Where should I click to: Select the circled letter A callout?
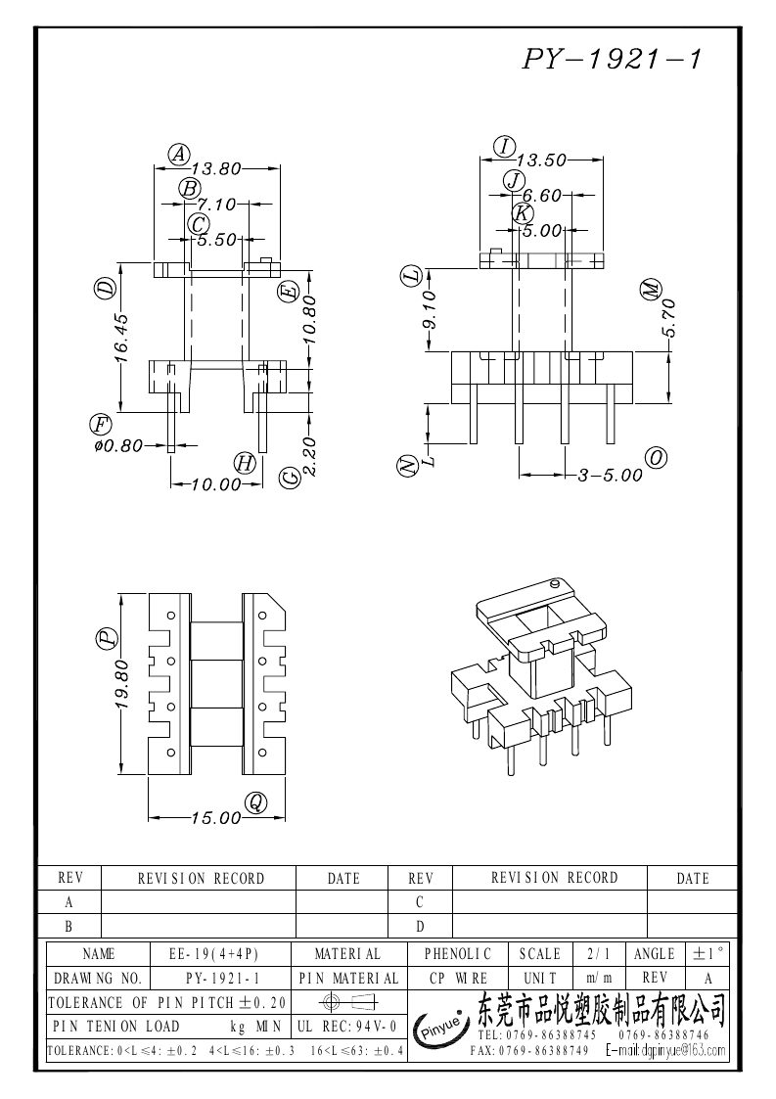pos(178,153)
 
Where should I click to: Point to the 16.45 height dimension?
pos(121,338)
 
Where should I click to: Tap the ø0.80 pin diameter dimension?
pos(116,445)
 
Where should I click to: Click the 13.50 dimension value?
pos(541,160)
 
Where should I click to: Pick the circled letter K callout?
pos(523,213)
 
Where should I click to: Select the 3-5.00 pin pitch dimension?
pos(610,475)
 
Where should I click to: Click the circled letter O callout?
pos(657,458)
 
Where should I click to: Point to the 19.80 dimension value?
pos(121,684)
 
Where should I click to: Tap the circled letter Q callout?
pos(255,802)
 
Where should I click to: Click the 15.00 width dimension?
pos(214,817)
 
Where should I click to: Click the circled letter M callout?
pos(651,290)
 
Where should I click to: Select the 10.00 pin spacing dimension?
pos(216,483)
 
